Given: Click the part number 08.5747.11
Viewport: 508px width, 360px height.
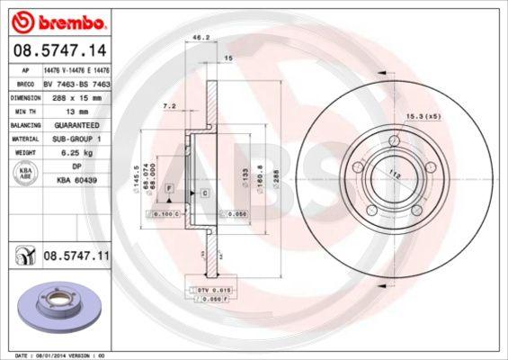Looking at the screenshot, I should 76,256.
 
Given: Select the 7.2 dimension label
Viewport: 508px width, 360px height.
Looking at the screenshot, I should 169,106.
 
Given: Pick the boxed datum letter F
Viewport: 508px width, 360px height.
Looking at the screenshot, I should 168,185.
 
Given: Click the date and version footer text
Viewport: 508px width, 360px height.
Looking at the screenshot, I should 55,355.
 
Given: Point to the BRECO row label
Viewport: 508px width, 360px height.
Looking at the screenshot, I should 26,83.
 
